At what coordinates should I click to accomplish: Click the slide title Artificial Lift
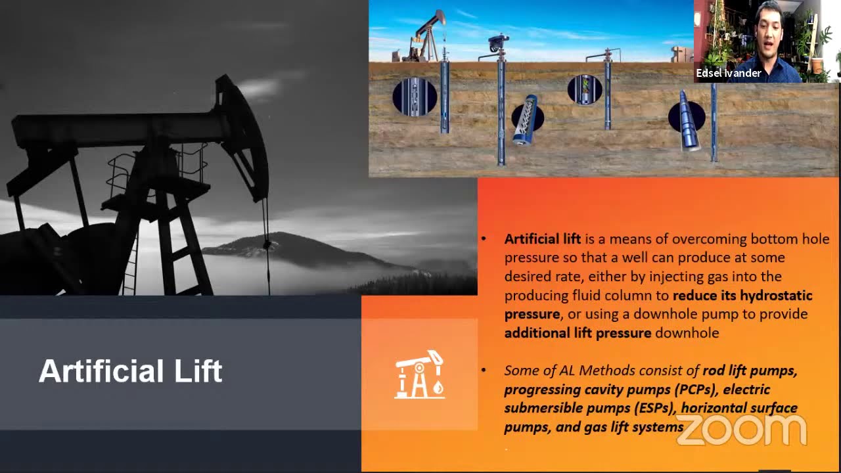coord(131,371)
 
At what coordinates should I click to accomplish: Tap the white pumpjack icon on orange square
coord(419,374)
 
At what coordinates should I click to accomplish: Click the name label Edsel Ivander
coord(728,73)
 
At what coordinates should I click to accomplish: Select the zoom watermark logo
coord(741,429)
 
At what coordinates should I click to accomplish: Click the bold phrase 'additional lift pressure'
coord(578,333)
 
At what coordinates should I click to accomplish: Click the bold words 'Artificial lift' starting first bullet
coord(543,239)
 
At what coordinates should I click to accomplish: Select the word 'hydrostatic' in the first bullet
coord(776,295)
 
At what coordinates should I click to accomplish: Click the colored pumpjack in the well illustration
coord(427,36)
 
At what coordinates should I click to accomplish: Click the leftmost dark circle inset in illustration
coord(415,97)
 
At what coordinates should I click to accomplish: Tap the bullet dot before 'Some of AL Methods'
coord(484,371)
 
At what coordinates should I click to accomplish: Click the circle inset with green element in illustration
coord(585,89)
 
